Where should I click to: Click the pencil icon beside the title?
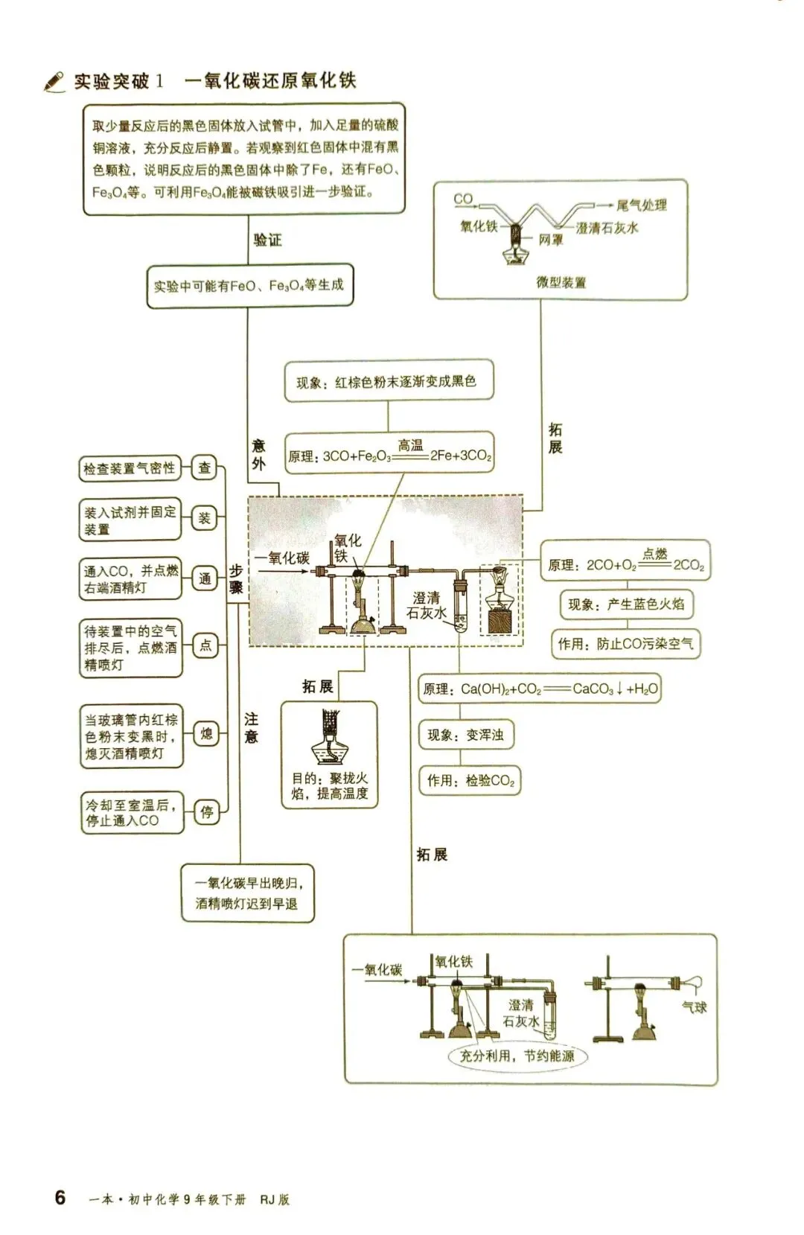point(54,81)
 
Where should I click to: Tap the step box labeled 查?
point(204,468)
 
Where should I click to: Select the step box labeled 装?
point(204,518)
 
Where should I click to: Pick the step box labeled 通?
point(204,578)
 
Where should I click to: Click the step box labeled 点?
point(204,645)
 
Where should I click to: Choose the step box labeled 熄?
point(206,735)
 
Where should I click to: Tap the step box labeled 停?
point(206,812)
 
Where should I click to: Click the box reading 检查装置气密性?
point(130,469)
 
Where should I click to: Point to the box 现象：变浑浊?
point(466,735)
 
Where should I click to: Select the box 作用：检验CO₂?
point(470,781)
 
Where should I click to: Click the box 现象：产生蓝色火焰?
point(626,604)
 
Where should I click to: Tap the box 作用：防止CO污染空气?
point(626,644)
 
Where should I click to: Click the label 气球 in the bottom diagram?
point(694,1007)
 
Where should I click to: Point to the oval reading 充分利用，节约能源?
point(517,1056)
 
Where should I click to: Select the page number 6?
point(60,1197)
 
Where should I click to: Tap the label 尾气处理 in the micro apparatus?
point(641,205)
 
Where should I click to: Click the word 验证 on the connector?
point(268,240)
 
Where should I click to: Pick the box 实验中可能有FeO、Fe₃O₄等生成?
point(249,285)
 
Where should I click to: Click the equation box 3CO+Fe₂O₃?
point(389,453)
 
